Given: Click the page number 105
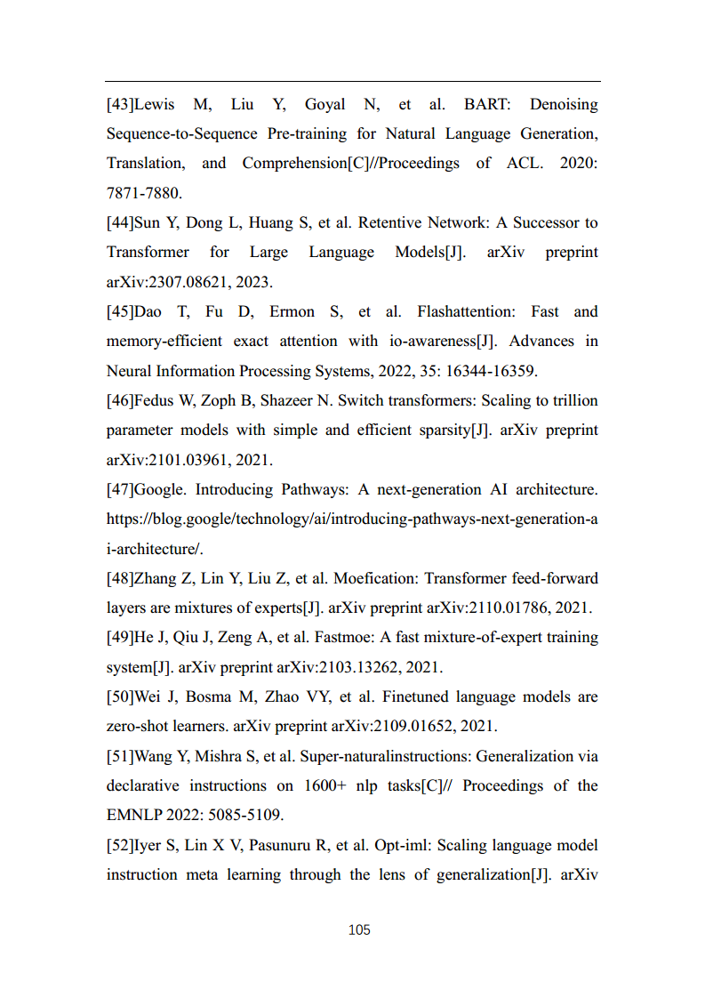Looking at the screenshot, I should point(359,930).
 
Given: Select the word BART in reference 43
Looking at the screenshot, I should point(486,104).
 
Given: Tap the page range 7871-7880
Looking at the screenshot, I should point(143,193).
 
